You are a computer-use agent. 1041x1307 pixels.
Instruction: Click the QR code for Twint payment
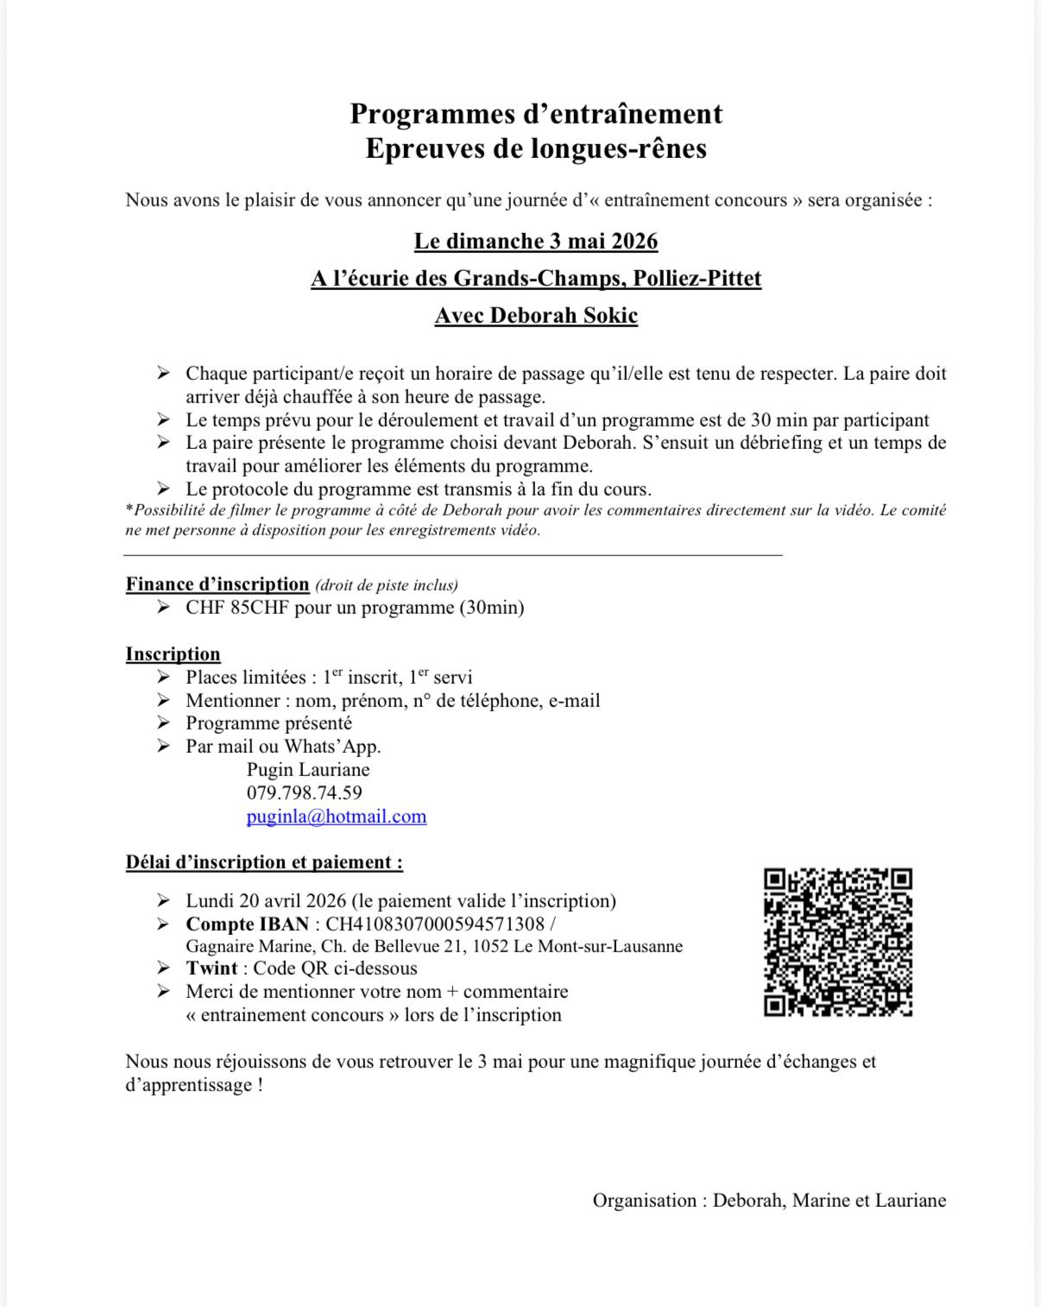click(838, 942)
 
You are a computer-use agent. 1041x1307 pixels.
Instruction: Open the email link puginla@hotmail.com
click(336, 816)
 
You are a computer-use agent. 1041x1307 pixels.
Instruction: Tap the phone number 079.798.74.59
click(304, 792)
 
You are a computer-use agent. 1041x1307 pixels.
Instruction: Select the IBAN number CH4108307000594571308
click(434, 924)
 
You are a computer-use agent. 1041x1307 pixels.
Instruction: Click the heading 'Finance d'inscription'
click(218, 584)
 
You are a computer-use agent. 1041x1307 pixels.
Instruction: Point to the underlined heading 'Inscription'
click(173, 653)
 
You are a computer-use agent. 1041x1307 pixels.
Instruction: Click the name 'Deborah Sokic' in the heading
click(564, 316)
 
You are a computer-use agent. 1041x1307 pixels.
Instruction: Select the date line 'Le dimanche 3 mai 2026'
click(535, 242)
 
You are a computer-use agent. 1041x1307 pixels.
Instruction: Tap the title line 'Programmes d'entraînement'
click(535, 114)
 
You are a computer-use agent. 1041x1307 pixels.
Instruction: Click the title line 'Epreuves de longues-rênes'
click(535, 148)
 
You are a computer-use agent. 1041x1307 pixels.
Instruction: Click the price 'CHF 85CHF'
click(237, 608)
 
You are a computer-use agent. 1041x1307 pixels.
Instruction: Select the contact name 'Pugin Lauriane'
click(307, 769)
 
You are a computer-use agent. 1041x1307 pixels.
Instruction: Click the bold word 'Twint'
click(211, 969)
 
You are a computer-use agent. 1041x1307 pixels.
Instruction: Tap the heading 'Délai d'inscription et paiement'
click(263, 862)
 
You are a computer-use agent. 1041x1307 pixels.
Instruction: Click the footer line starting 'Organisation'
click(768, 1200)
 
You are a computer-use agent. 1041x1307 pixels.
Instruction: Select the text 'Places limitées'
click(245, 678)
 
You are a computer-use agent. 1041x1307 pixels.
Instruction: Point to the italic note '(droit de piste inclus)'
click(387, 585)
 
